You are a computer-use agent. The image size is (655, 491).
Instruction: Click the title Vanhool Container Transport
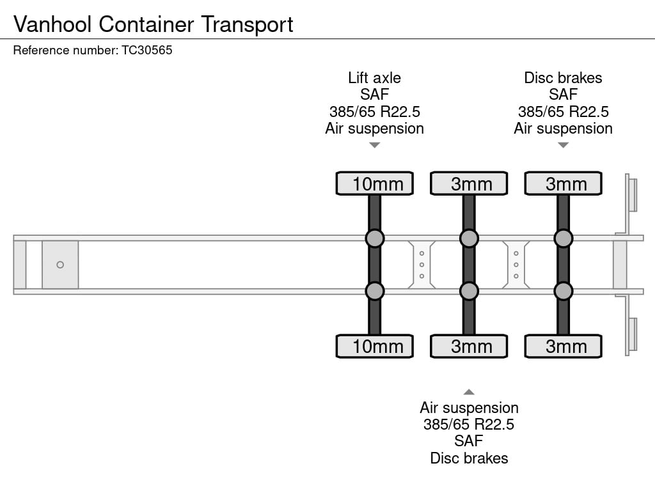(x=153, y=24)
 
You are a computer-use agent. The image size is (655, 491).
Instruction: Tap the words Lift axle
(x=374, y=78)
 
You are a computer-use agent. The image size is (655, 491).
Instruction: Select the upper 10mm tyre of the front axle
(x=375, y=183)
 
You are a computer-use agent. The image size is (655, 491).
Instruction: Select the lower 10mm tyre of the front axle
(x=375, y=347)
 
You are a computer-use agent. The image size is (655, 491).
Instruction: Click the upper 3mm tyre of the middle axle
(x=469, y=183)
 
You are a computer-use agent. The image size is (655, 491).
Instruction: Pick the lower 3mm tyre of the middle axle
(x=469, y=347)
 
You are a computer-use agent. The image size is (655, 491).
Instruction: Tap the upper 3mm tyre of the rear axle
(x=563, y=183)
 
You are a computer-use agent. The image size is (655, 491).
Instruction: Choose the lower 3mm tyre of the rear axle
(x=563, y=347)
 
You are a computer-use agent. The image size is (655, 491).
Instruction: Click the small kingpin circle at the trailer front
(x=60, y=265)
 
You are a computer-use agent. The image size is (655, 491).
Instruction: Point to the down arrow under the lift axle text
(x=375, y=145)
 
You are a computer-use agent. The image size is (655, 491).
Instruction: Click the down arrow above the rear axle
(x=563, y=145)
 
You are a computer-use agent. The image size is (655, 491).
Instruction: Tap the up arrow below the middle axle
(x=469, y=392)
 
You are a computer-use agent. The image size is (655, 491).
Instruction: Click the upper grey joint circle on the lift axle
(x=375, y=238)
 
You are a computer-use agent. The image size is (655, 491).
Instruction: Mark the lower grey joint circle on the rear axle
(x=563, y=292)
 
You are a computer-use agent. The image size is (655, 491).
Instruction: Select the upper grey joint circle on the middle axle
(x=469, y=238)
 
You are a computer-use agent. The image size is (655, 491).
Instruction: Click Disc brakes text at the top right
(x=563, y=78)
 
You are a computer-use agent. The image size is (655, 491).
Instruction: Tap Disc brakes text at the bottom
(x=469, y=458)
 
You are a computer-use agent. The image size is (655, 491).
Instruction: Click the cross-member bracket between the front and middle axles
(x=422, y=265)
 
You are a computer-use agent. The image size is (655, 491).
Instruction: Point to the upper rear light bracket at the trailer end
(x=631, y=194)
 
